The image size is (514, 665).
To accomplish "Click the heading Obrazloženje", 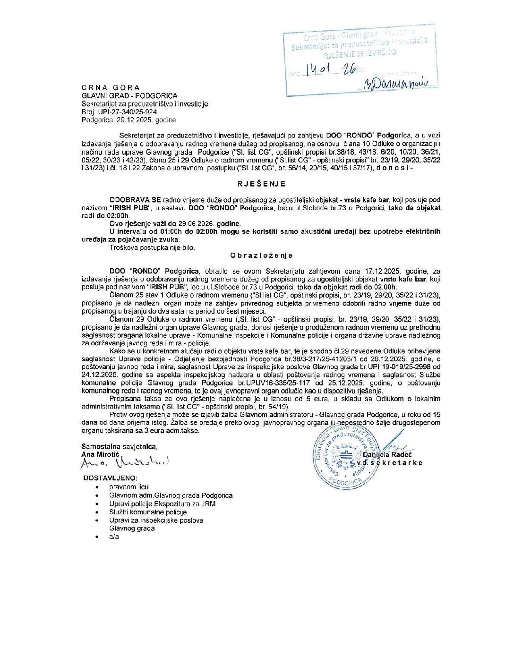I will point(261,256).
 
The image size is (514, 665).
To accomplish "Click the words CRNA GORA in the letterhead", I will point(111,88).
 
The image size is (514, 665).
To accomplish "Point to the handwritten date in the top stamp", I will point(330,70).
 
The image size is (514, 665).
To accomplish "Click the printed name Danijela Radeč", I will point(387,454).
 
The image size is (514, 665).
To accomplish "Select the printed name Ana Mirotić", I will point(101,454).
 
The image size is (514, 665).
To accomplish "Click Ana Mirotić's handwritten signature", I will point(124,463).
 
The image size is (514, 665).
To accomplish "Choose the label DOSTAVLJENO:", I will point(111,478).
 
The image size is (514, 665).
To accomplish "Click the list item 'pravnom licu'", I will point(129,487).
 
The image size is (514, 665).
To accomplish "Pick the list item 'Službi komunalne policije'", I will point(148,512).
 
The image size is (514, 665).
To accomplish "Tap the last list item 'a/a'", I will point(114,537).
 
